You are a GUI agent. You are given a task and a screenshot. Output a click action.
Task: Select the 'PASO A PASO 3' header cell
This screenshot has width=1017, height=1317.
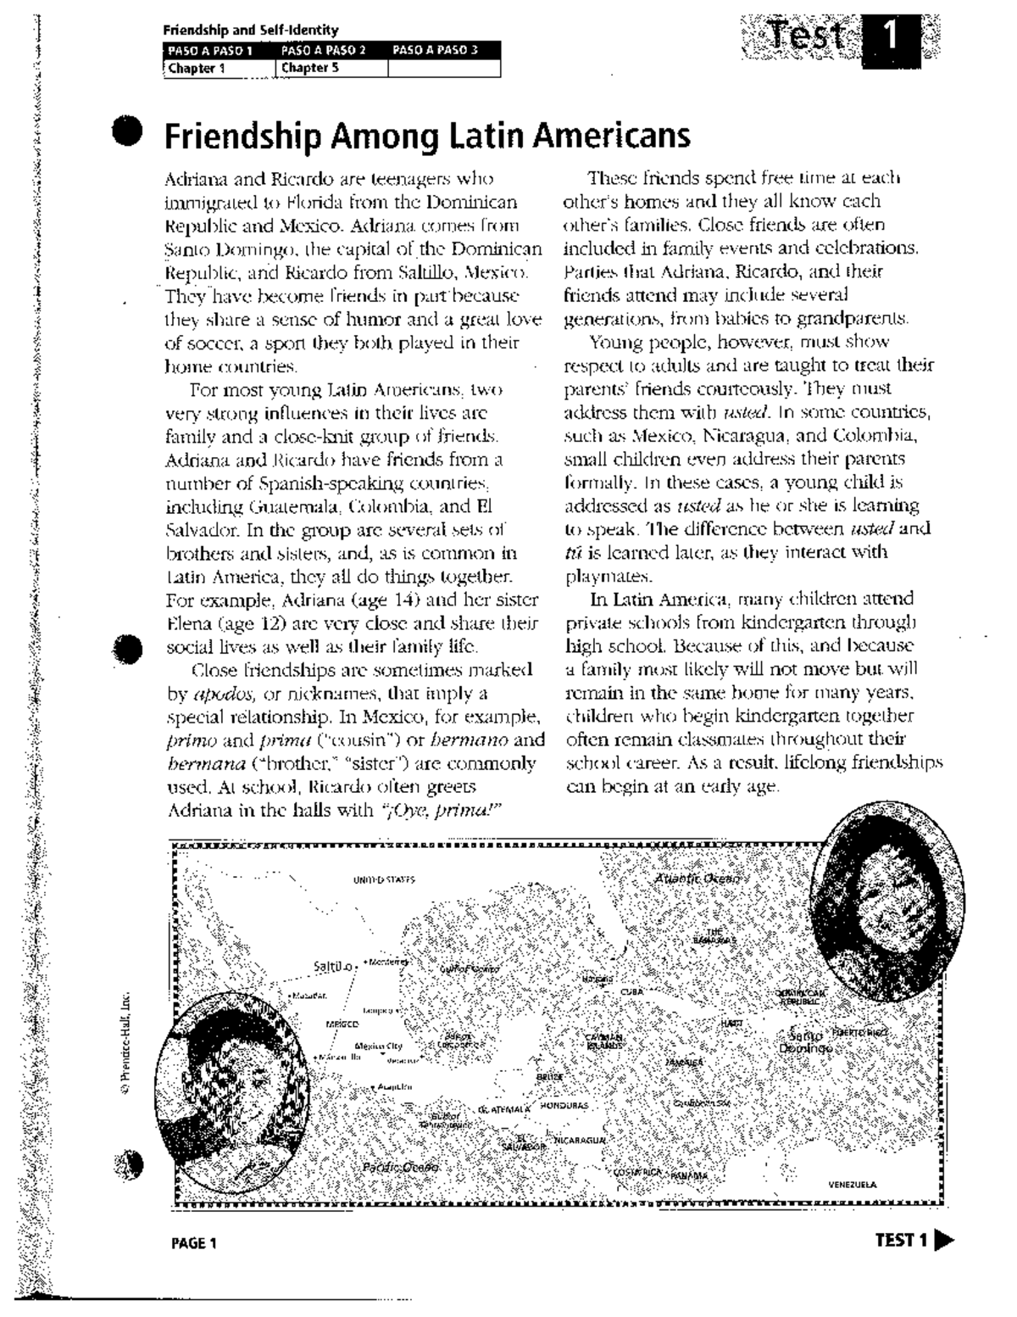click(435, 50)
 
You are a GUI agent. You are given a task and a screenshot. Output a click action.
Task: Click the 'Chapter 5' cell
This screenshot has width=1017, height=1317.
click(310, 68)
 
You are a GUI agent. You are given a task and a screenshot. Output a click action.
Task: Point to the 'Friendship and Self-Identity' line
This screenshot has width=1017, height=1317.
click(251, 31)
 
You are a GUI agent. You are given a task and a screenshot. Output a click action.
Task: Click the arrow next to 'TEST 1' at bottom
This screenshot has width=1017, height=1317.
click(943, 1242)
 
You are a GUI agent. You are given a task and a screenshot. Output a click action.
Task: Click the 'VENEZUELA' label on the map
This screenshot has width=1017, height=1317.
click(853, 1185)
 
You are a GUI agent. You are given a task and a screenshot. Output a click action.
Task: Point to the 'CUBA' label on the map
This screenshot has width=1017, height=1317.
click(632, 991)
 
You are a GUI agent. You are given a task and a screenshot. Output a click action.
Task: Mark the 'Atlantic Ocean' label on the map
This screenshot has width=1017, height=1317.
click(697, 879)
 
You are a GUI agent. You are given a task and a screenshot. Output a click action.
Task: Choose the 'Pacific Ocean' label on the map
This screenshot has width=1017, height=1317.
click(400, 1168)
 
